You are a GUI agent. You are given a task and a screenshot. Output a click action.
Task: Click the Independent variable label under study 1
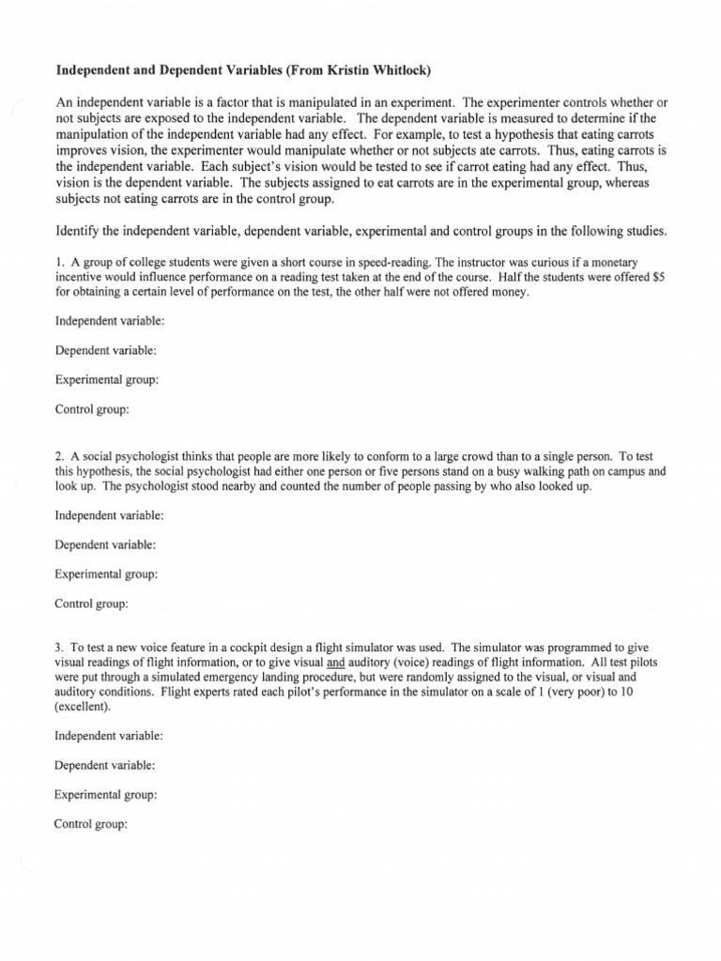click(110, 321)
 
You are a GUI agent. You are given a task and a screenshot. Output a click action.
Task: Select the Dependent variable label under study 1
click(106, 350)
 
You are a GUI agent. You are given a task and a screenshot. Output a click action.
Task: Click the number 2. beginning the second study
click(61, 456)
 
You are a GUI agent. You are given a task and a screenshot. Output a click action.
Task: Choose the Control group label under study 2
click(92, 603)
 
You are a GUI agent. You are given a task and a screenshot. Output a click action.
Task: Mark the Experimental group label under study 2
click(106, 573)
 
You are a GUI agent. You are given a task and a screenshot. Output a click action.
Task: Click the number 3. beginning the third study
click(61, 648)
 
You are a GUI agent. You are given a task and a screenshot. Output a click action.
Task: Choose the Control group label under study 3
click(92, 824)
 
